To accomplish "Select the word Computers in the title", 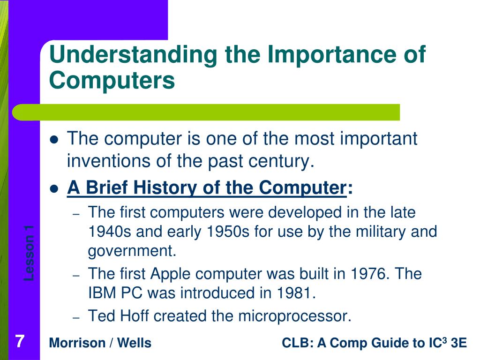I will click(112, 80).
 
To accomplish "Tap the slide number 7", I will click(19, 341).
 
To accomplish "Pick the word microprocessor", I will click(294, 316).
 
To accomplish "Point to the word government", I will click(132, 251).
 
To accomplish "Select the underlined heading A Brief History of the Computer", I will click(206, 188).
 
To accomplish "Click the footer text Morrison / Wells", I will click(100, 343).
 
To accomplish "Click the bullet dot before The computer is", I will click(54, 140).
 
